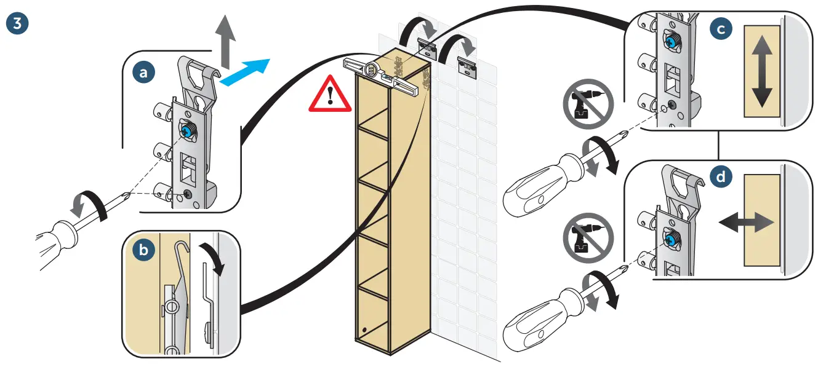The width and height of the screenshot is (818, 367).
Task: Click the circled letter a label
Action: point(144,73)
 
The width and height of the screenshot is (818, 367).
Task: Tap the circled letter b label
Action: point(144,251)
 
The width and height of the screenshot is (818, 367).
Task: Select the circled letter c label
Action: point(721,28)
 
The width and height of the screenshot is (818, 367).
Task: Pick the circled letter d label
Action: point(721,177)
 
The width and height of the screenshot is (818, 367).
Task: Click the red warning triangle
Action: point(331,94)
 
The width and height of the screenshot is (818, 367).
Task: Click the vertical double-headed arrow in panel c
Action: point(762,72)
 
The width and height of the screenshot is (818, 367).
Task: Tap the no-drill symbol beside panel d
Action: point(587,237)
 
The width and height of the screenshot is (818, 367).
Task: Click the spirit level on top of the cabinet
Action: point(381,73)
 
